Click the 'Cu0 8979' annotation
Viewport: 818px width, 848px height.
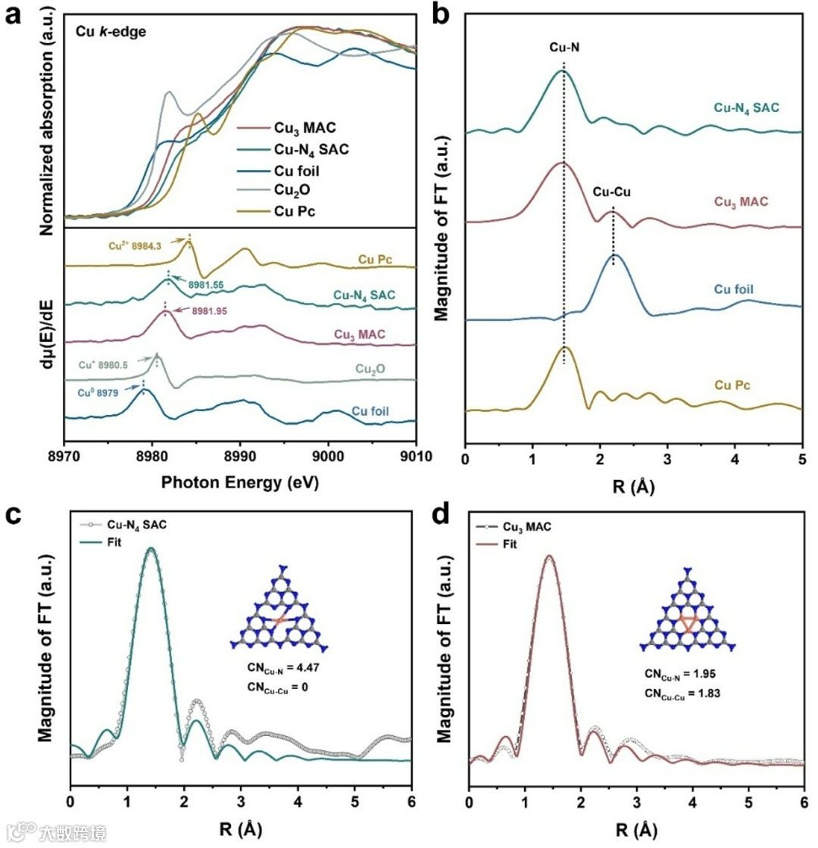tap(107, 391)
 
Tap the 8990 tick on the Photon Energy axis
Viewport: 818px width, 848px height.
tap(239, 456)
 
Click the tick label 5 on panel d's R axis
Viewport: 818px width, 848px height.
tap(748, 805)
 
